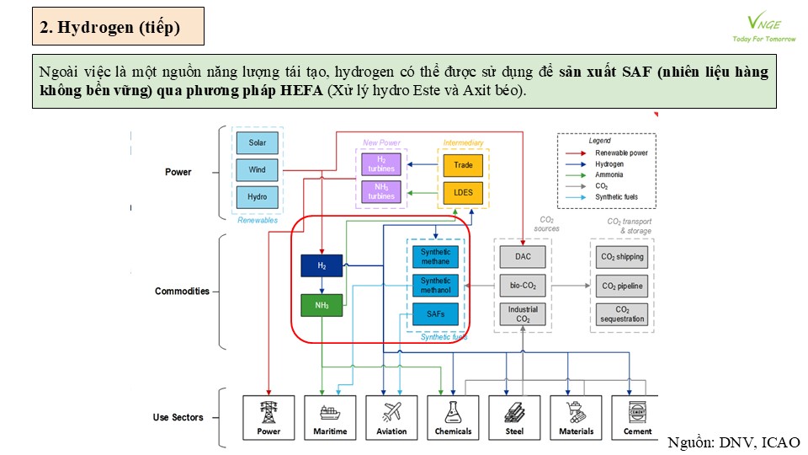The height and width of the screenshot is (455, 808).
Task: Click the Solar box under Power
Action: click(x=258, y=143)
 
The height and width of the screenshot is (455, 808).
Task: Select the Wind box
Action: click(x=258, y=169)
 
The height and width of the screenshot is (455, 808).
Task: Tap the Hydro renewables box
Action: click(x=258, y=196)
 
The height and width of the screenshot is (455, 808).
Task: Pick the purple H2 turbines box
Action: click(x=381, y=164)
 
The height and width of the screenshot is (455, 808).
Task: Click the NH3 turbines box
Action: click(x=381, y=191)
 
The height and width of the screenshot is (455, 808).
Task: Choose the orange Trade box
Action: click(x=463, y=165)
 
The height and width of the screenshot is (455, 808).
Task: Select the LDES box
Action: click(x=463, y=192)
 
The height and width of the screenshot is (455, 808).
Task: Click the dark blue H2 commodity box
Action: click(x=322, y=265)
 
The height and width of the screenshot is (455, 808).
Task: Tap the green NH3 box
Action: click(x=322, y=305)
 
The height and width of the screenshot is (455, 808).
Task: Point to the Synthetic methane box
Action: click(x=435, y=257)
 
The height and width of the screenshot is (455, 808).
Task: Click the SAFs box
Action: click(x=435, y=313)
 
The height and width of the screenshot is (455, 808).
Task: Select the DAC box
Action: click(x=523, y=256)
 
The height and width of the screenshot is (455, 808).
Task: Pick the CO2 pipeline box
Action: click(x=622, y=286)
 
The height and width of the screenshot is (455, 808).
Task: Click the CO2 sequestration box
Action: click(x=622, y=314)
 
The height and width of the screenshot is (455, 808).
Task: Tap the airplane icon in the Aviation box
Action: click(x=391, y=412)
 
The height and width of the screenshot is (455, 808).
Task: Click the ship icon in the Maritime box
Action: click(x=330, y=413)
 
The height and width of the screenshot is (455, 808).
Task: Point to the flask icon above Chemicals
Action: click(x=453, y=412)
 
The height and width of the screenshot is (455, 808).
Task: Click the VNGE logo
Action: click(x=764, y=27)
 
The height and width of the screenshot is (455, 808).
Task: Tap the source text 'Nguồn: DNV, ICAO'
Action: click(x=734, y=442)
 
